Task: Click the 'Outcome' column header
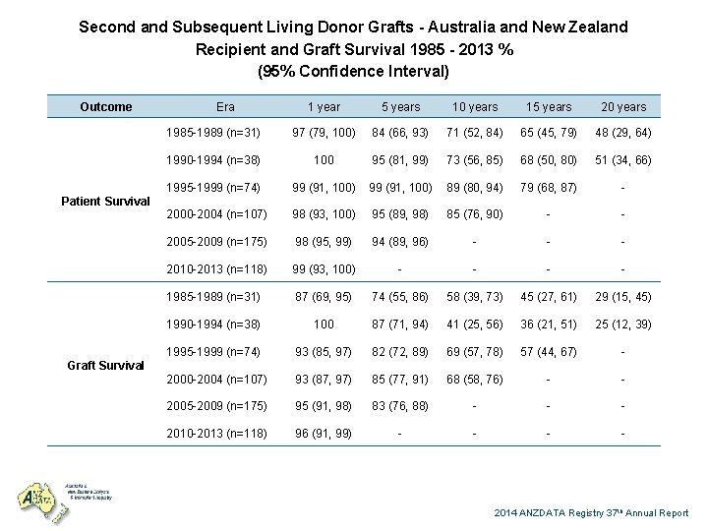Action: pos(105,106)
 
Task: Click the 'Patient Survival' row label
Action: pos(106,201)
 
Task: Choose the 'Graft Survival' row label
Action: pos(106,365)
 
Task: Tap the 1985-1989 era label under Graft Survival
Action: pos(213,296)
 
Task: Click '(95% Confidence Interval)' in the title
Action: pos(353,71)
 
